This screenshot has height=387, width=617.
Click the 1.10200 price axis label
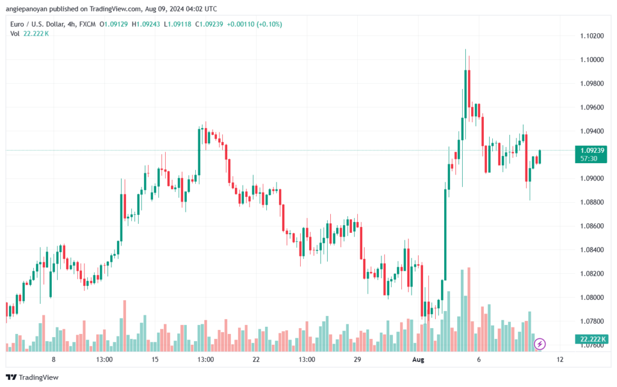click(x=592, y=36)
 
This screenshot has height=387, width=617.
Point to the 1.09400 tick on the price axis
click(x=592, y=131)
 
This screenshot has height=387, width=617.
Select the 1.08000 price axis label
click(x=592, y=297)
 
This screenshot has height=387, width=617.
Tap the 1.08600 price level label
click(x=592, y=226)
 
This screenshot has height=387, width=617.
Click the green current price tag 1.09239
click(x=591, y=155)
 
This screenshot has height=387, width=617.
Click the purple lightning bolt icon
click(x=539, y=344)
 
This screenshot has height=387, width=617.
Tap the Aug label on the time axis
click(x=418, y=359)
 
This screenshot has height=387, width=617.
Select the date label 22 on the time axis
click(x=256, y=359)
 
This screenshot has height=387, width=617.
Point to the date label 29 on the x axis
click(x=357, y=359)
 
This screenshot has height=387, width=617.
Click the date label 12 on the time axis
click(x=560, y=359)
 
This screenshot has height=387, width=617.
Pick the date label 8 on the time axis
click(x=54, y=359)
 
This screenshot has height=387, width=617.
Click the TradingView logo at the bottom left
click(x=33, y=377)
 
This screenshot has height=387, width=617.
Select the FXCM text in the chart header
click(x=87, y=24)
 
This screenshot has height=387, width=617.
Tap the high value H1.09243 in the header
click(x=146, y=24)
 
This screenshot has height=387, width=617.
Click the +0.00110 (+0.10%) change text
click(x=255, y=24)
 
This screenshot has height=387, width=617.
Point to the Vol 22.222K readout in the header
click(x=30, y=34)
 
